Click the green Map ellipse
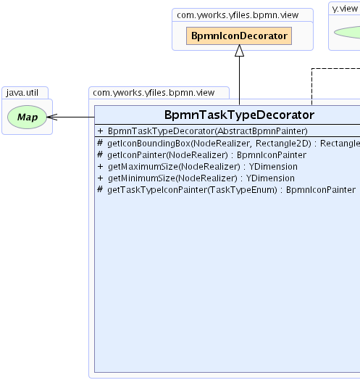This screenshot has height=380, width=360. (x=27, y=117)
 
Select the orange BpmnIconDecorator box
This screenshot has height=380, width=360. (x=239, y=36)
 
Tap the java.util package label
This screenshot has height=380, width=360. (x=22, y=93)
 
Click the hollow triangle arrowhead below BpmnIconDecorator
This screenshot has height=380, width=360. (x=240, y=51)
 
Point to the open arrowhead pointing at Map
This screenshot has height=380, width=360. (x=52, y=117)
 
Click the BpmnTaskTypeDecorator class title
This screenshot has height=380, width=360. (x=239, y=115)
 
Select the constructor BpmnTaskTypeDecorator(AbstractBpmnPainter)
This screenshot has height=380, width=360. (x=207, y=131)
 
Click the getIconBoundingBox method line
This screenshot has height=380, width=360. (x=228, y=144)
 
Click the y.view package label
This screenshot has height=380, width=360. (x=345, y=9)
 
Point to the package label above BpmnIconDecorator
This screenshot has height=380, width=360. (x=238, y=15)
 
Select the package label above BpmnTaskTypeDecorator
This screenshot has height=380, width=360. (x=154, y=93)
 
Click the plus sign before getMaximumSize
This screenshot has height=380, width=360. (x=100, y=167)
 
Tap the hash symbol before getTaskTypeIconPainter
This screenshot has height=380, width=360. (x=100, y=189)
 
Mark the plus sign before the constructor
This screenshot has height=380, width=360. (x=100, y=131)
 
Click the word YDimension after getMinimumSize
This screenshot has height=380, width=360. (x=270, y=178)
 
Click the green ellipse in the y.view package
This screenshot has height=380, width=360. (x=347, y=32)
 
